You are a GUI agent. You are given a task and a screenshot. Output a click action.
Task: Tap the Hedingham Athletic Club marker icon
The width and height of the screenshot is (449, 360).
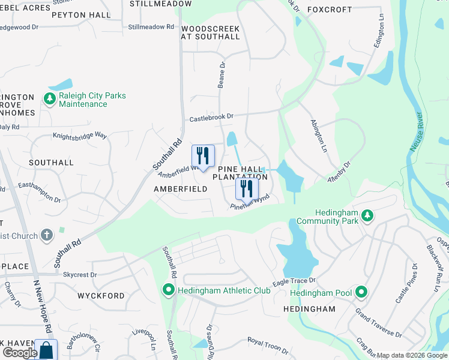coord(169,291)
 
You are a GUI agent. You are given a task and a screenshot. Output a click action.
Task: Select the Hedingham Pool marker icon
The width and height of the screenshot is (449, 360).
coord(361,293)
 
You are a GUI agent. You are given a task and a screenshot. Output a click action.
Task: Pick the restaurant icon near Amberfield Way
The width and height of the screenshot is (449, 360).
coord(203,157)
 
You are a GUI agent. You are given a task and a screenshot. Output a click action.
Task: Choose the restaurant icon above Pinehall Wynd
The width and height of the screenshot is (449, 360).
coord(247,188)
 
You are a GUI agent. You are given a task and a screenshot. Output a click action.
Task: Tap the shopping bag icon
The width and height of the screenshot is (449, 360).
coord(46,349)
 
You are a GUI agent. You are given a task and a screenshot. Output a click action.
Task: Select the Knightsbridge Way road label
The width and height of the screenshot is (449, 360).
coord(79,136)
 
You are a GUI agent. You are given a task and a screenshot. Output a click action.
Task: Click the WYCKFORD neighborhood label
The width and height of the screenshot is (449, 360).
coord(101,296)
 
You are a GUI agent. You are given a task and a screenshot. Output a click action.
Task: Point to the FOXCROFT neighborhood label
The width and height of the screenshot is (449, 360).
coord(328,10)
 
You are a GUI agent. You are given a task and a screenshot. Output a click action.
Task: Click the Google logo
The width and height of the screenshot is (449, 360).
coord(20,353)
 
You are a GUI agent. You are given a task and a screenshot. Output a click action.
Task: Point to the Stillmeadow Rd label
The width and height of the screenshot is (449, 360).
coord(151,27)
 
